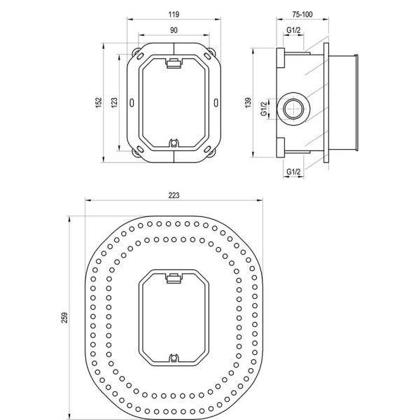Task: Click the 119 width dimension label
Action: coord(174,14)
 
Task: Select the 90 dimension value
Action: coord(174,30)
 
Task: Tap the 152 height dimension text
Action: coord(99,103)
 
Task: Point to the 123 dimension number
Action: coord(114,103)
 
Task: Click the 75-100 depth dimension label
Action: coord(302,14)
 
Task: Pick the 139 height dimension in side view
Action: coord(248,103)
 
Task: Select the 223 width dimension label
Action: coord(174,195)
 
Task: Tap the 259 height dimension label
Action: coord(65,318)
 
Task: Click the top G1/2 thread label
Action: coord(293,30)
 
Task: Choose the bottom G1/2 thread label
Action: coord(293,171)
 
